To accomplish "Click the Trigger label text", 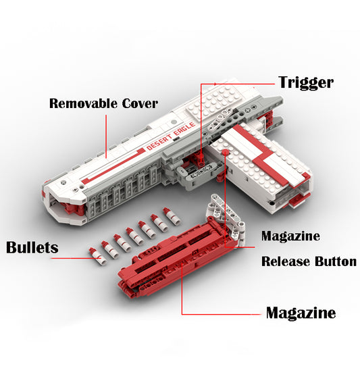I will point(306,82).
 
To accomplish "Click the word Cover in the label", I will point(139,103).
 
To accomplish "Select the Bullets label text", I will point(32,247).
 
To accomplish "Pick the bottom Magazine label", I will point(301,313).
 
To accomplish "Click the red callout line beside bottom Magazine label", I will point(223,314).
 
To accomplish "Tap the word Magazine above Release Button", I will point(290,236).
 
